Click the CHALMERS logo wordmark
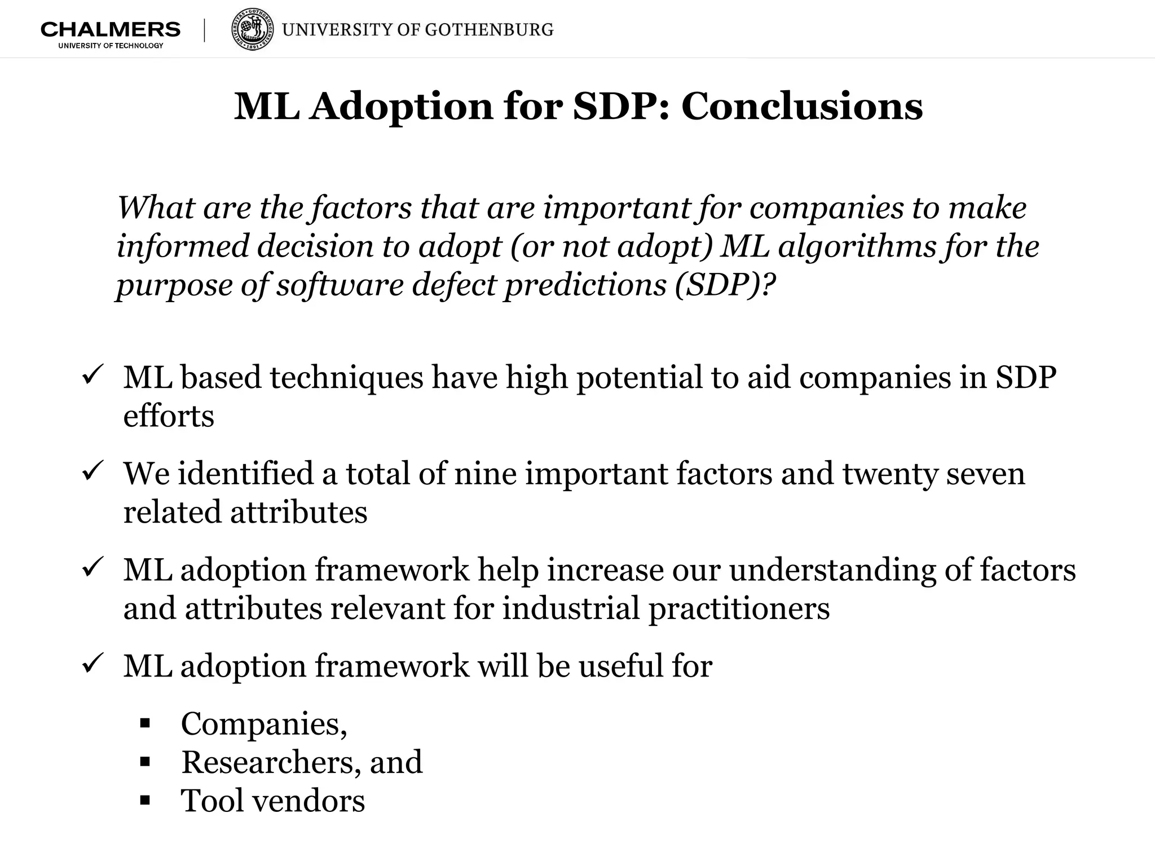click(111, 29)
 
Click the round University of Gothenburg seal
click(253, 29)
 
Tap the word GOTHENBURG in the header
click(489, 30)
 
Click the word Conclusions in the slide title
click(802, 106)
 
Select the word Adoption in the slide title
click(402, 106)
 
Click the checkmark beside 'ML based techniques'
click(91, 374)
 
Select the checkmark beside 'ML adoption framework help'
click(91, 567)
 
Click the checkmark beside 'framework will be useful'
click(91, 663)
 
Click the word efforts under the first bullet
click(169, 416)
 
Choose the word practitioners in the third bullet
click(739, 609)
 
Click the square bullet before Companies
click(145, 723)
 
